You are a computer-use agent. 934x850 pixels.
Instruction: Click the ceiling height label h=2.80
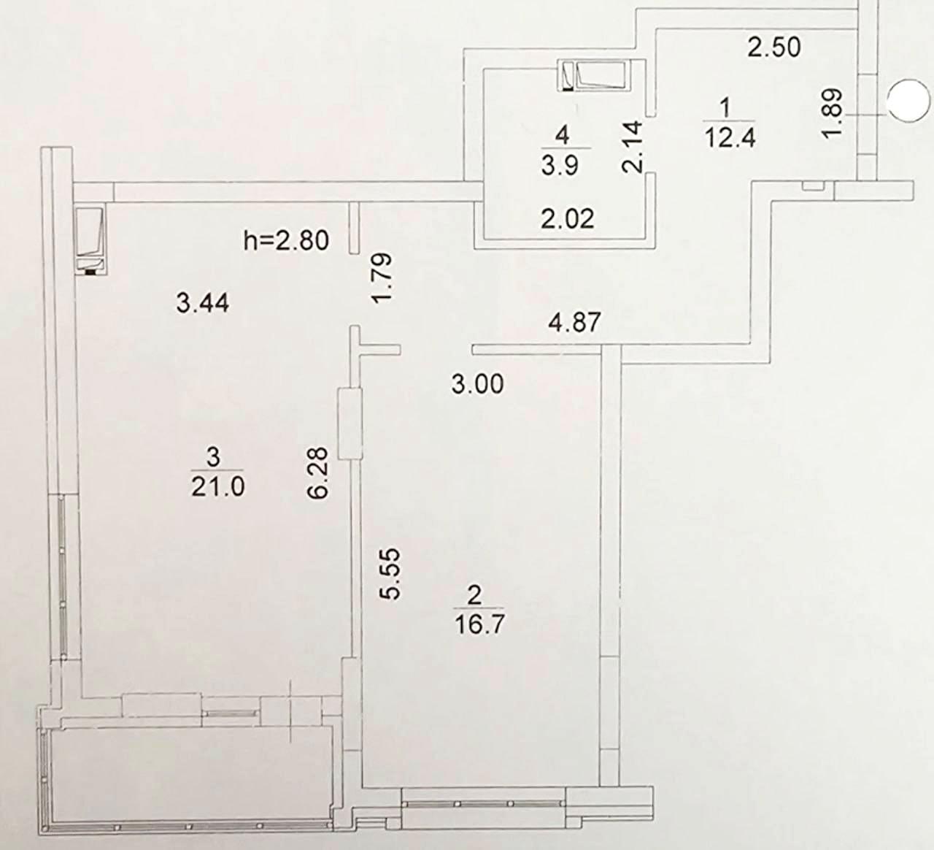[286, 240]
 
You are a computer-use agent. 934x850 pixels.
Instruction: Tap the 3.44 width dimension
[203, 303]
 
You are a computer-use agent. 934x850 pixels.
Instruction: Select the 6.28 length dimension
[319, 473]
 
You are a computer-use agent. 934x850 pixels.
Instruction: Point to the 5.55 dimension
[388, 574]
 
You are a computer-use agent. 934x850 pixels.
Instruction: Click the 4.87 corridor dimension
[574, 322]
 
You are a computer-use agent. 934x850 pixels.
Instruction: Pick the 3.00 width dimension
[478, 385]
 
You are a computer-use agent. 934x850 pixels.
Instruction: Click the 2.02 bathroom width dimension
[568, 218]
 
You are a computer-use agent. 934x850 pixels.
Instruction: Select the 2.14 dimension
[633, 148]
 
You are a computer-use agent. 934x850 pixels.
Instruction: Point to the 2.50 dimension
[774, 47]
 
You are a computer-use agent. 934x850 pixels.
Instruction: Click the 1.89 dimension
[832, 113]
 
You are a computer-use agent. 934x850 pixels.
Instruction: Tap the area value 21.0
[218, 488]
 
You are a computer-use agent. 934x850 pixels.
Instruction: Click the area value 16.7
[479, 624]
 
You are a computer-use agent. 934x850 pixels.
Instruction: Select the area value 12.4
[730, 138]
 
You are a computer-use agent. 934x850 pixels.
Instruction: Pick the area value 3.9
[560, 165]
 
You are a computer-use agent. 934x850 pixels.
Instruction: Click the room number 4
[562, 136]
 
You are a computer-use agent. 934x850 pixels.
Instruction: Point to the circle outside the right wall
[906, 100]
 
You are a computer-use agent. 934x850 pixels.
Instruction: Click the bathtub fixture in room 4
[594, 75]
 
